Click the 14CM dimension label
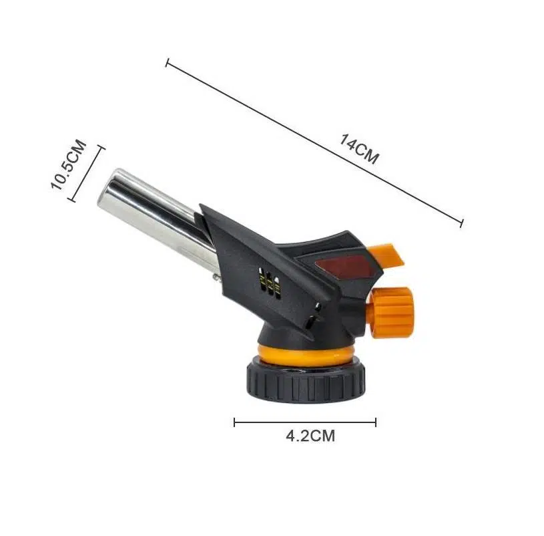click(x=359, y=149)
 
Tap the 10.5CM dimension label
click(x=68, y=164)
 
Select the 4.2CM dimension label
click(x=310, y=436)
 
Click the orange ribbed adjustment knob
click(x=392, y=311)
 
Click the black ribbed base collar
click(x=306, y=382)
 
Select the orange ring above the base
click(x=306, y=355)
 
